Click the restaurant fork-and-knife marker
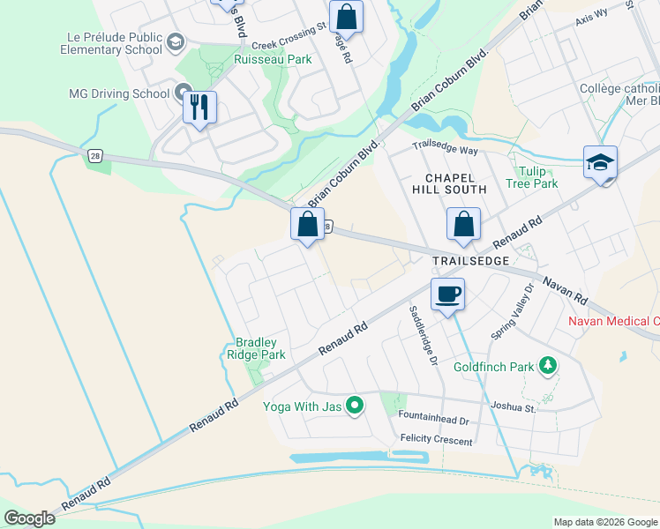(199, 108)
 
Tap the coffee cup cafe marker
(448, 294)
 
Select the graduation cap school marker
(600, 162)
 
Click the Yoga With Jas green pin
(356, 406)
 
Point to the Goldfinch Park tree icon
(548, 365)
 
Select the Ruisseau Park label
(273, 60)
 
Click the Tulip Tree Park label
(532, 177)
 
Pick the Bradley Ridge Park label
(260, 348)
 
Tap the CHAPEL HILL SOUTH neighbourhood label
(449, 183)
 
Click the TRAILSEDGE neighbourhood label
(470, 261)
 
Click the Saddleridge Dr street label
(423, 336)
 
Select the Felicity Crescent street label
(436, 439)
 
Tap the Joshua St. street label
(514, 407)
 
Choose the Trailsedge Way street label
(445, 152)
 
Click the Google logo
(29, 518)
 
